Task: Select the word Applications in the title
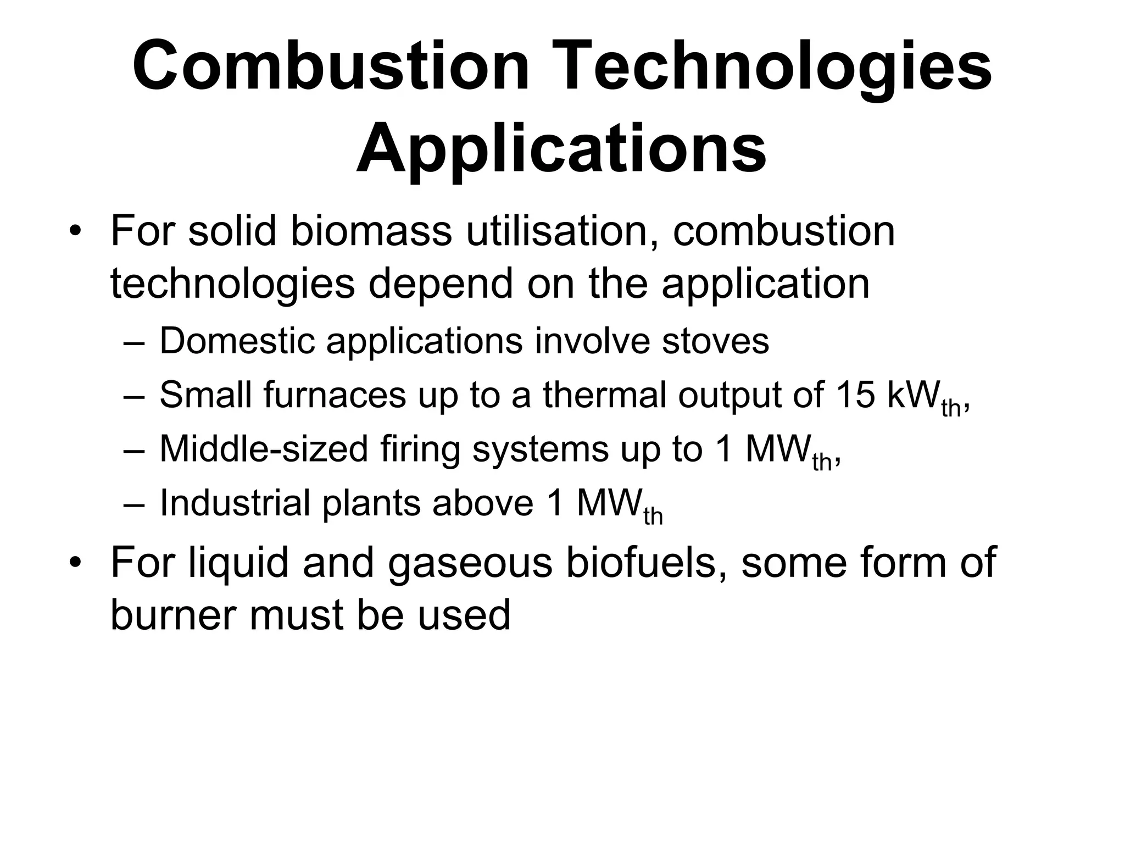click(x=561, y=148)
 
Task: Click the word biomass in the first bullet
click(x=371, y=231)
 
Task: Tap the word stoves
click(x=715, y=341)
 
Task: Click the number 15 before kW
click(x=854, y=395)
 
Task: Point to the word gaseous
click(x=470, y=564)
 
